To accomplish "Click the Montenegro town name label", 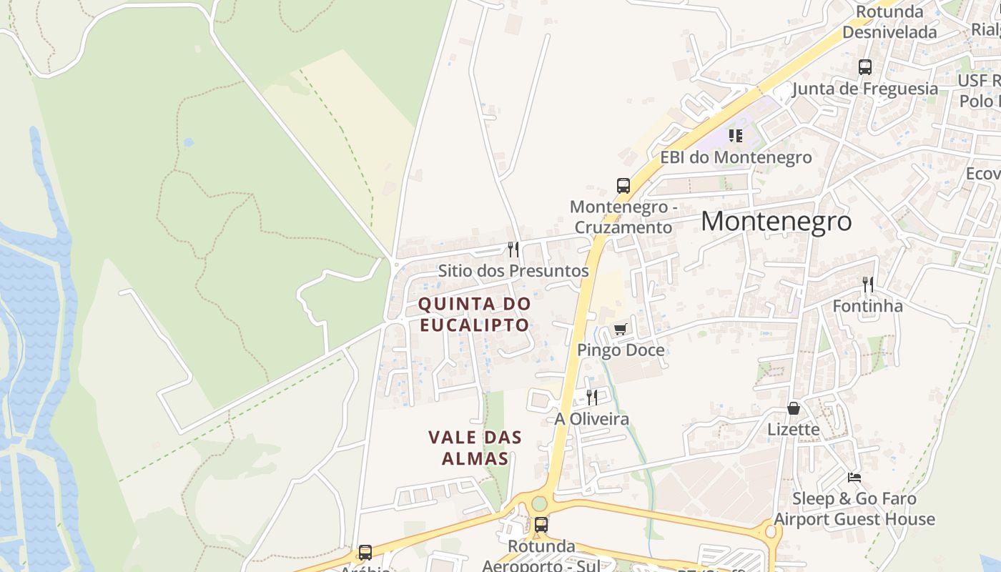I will pos(776,222).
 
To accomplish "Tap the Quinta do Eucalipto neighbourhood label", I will pos(475,314).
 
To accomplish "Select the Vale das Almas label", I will pos(475,448).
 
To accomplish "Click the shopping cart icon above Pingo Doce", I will pos(620,330).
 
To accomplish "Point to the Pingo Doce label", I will pos(621,350).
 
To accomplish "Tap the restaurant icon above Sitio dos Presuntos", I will pos(513,250).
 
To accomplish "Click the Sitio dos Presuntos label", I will pos(513,271).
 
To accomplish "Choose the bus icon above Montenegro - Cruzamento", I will pos(623,186).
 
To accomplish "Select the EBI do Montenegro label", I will pos(736,157).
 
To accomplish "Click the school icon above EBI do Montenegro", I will pos(736,135).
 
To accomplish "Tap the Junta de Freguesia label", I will pos(865,89).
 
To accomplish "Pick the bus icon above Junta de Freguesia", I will pos(865,67).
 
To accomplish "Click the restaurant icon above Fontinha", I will pos(868,285).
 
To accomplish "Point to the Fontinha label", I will pos(867,306).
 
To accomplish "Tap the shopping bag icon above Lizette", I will pos(794,408).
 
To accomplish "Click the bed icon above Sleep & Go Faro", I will pos(854,477).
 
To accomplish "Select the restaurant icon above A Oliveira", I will pos(592,398).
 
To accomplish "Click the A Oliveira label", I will pos(592,419).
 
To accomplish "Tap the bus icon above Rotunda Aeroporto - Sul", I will pos(541,525).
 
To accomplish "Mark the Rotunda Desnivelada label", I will pos(889,22).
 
